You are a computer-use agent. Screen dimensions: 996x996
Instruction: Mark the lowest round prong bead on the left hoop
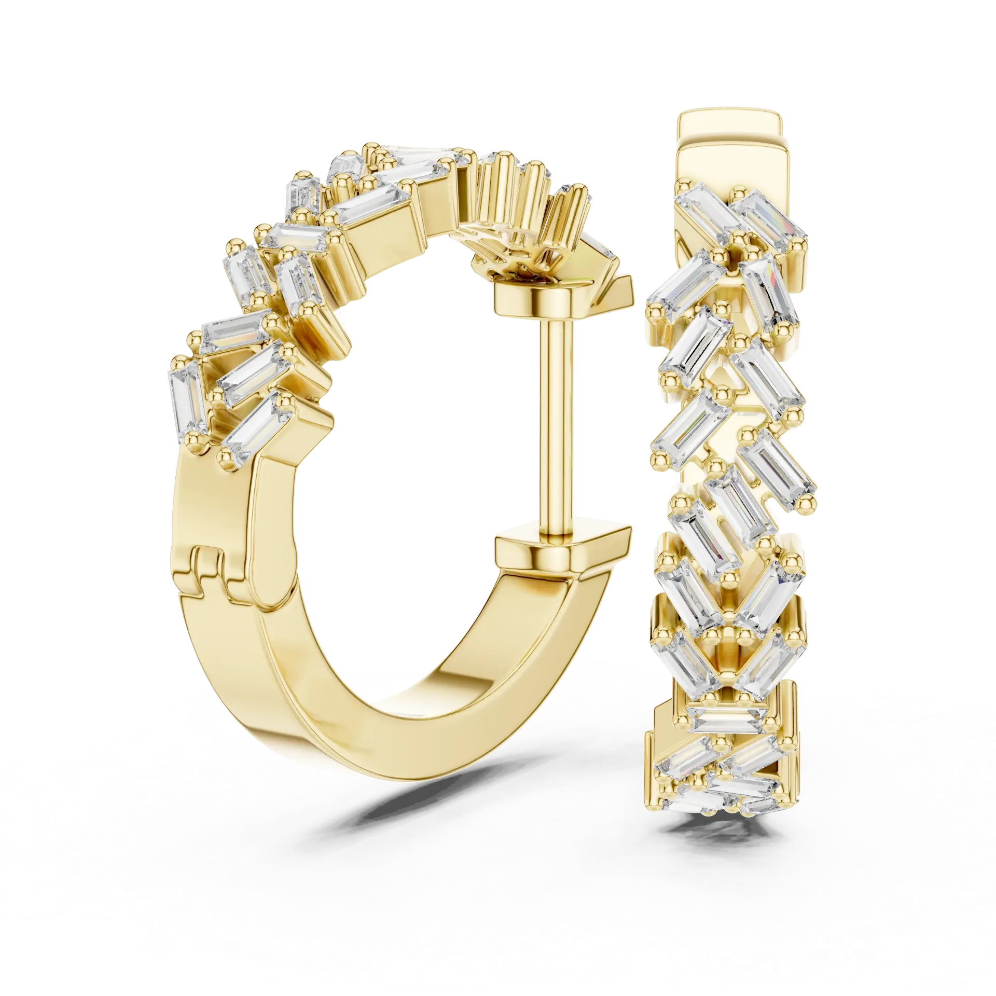pyautogui.click(x=224, y=457)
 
